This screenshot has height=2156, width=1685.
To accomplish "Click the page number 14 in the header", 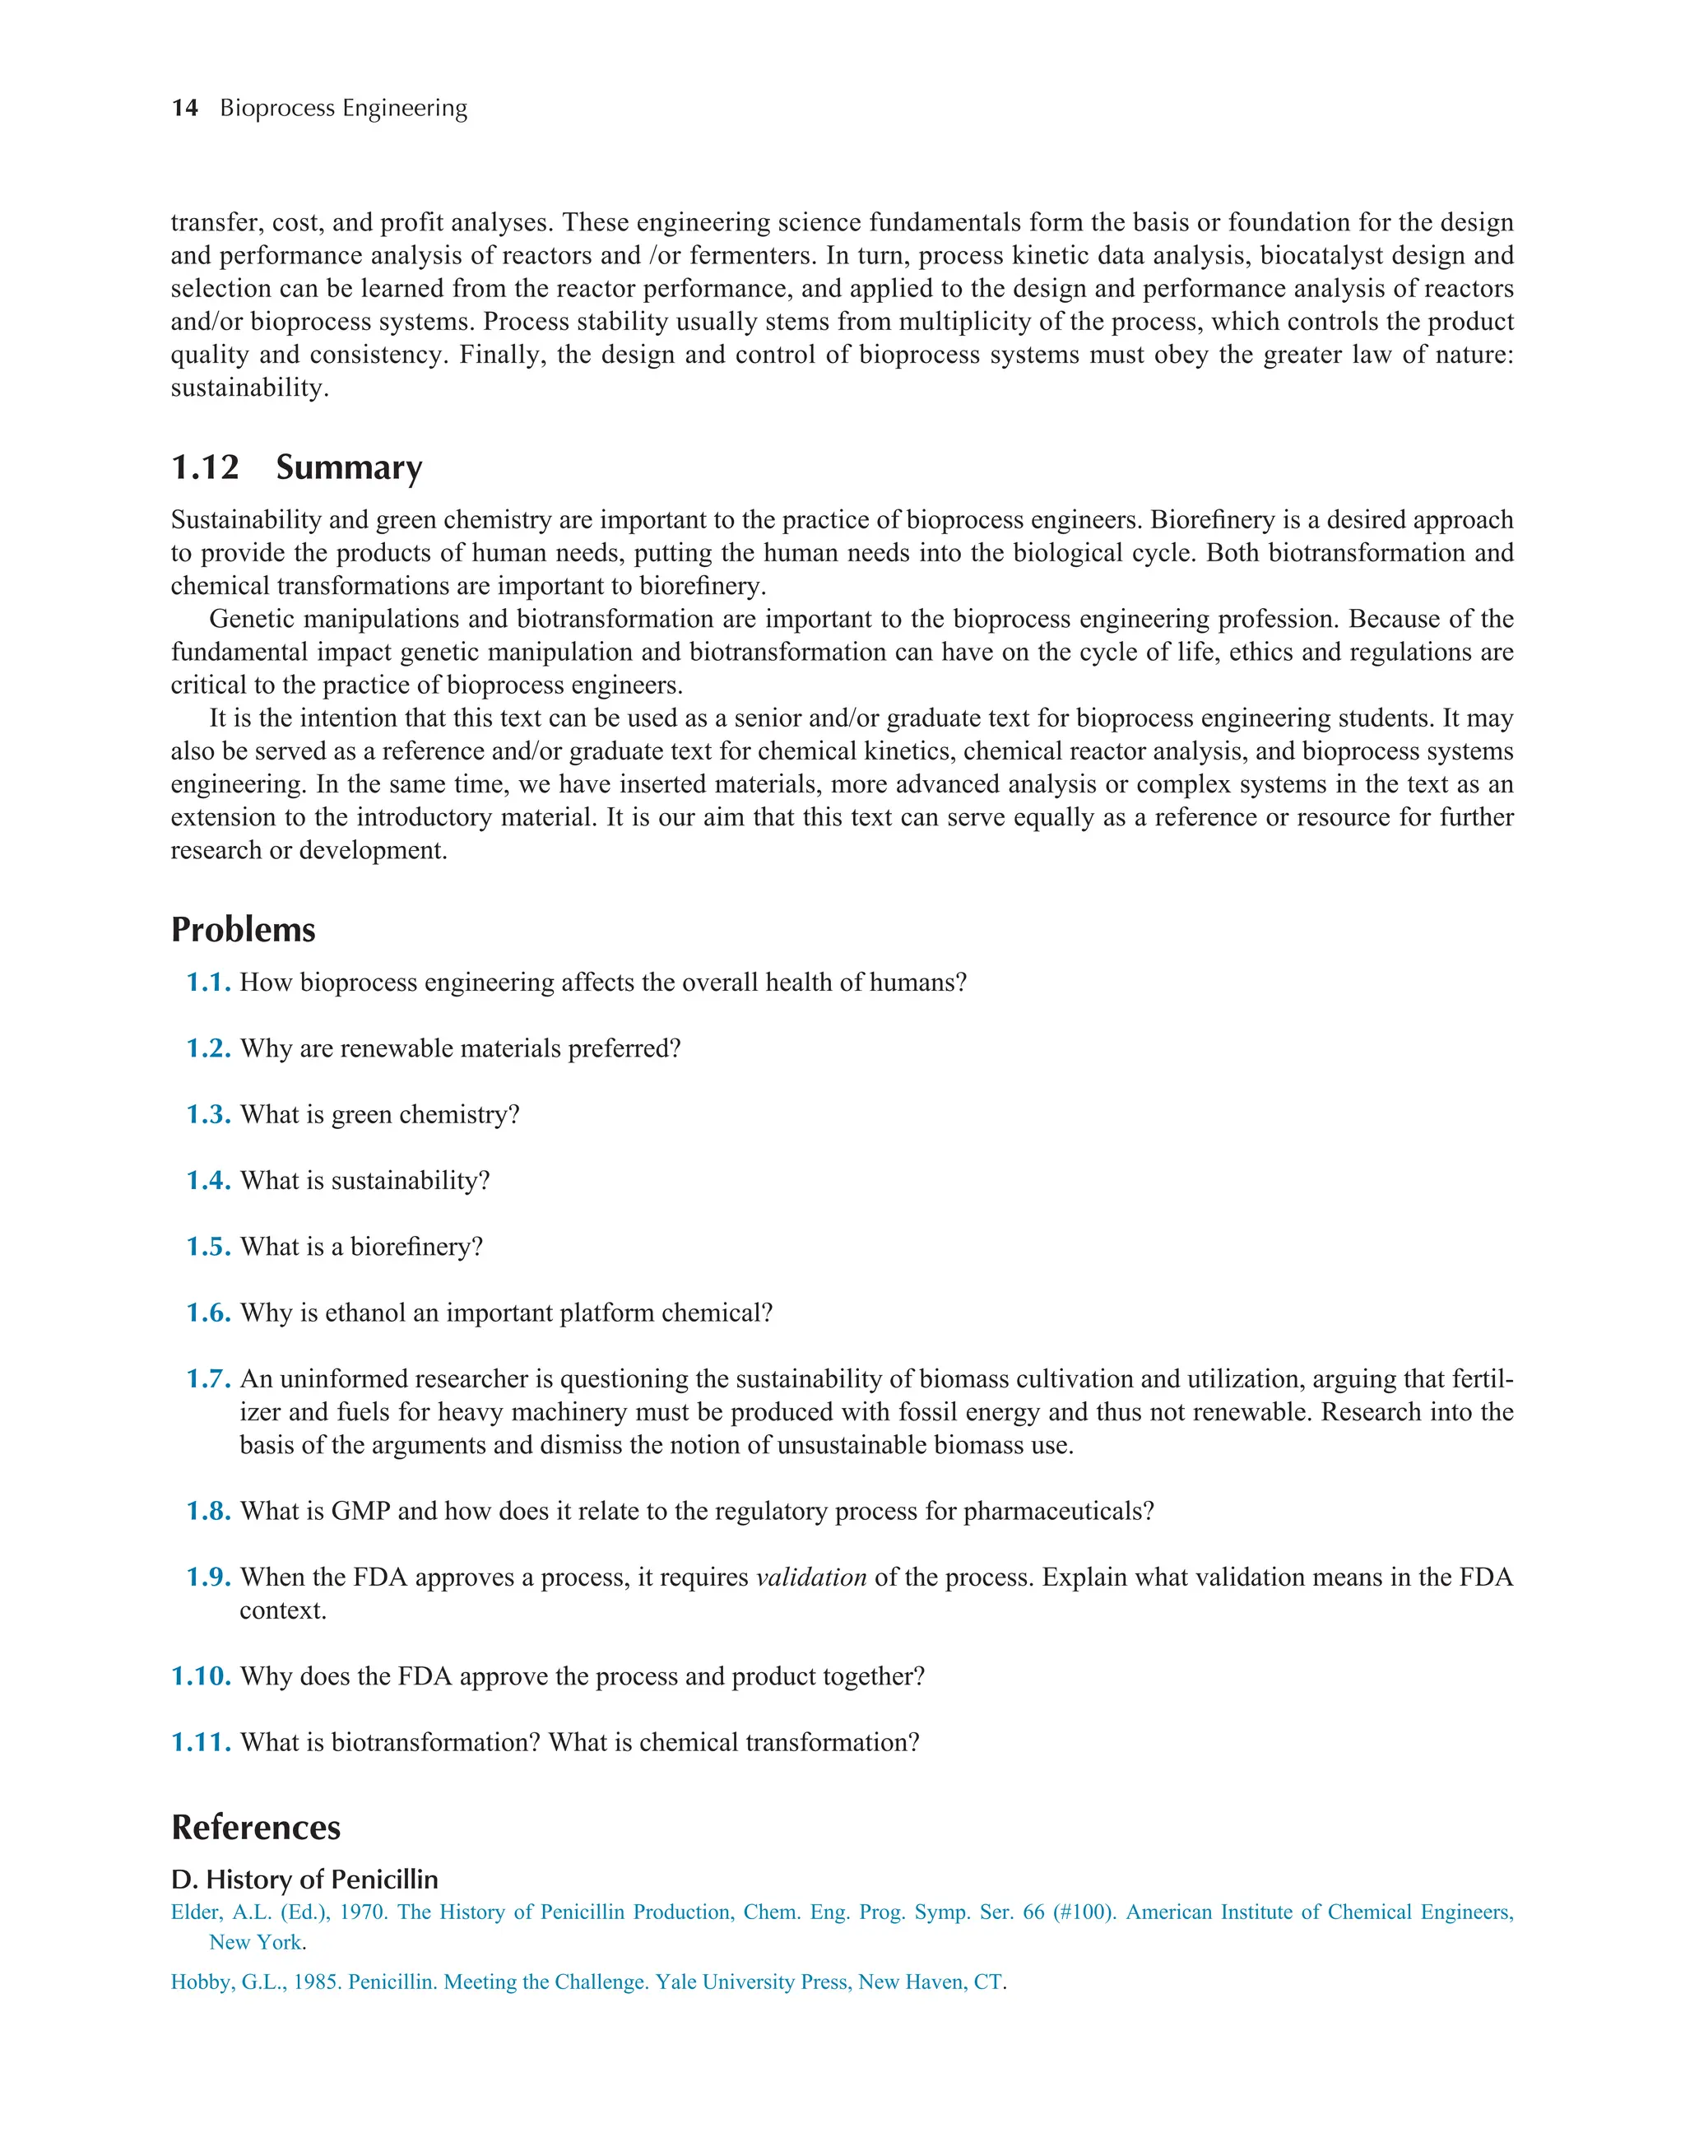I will (x=184, y=108).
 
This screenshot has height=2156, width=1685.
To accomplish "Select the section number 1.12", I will (x=206, y=467).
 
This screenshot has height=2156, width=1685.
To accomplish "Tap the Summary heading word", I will (x=349, y=467).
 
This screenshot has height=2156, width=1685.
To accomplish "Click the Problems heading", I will (x=243, y=929).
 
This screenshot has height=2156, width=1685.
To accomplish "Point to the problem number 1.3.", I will (x=208, y=1114).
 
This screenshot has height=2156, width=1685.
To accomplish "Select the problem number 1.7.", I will (x=208, y=1379).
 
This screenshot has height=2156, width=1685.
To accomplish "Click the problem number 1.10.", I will (x=202, y=1676).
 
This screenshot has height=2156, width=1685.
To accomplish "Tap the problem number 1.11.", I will (x=202, y=1742).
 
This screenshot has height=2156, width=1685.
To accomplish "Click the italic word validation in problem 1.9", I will (x=810, y=1578).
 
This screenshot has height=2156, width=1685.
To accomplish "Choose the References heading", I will (x=256, y=1828).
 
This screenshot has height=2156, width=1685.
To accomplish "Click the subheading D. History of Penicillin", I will (x=304, y=1880).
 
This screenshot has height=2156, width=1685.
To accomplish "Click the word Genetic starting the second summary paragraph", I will (x=253, y=619).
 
